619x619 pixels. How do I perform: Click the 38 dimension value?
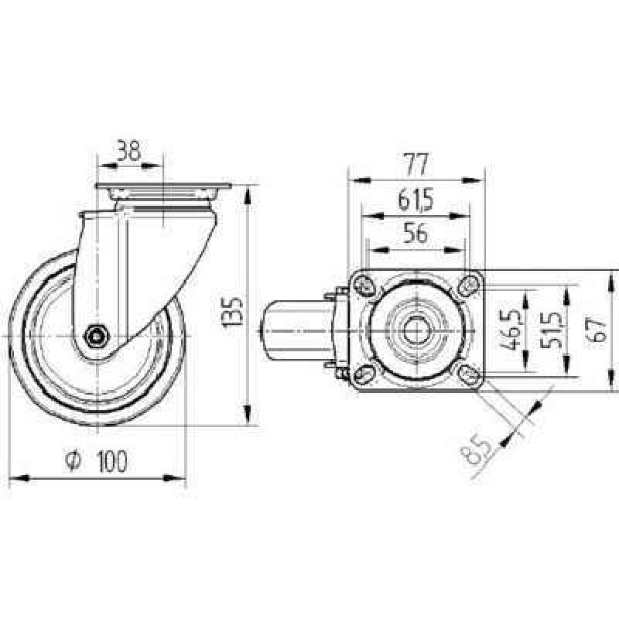128,150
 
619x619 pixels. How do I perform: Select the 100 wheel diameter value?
112,460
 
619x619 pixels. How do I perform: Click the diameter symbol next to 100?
73,461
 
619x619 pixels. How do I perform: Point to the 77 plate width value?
416,165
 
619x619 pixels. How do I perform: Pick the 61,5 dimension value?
416,200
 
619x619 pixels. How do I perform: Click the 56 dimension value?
416,233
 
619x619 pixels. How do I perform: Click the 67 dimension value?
596,330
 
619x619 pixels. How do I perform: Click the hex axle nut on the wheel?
96,336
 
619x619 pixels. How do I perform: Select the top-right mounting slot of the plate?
469,284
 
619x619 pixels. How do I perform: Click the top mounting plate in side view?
163,186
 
